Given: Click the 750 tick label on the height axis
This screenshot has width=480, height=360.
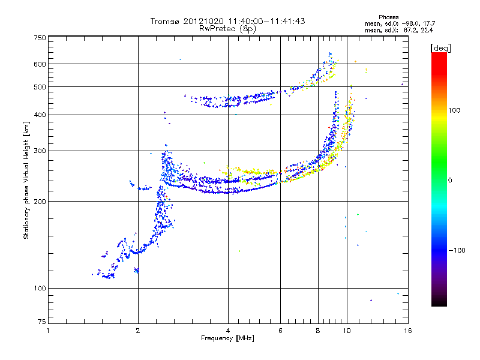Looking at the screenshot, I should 40,37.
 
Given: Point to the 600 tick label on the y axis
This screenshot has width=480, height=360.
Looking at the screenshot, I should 40,64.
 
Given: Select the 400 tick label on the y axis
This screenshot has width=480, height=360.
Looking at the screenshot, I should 40,115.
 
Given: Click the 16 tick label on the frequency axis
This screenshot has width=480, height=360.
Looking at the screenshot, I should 407,331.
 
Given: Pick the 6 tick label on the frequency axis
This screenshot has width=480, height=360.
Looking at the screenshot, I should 280,331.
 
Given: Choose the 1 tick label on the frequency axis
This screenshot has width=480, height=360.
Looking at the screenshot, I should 48,331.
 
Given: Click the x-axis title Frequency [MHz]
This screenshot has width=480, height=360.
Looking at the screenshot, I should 227,338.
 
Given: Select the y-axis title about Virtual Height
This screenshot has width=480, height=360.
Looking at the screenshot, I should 26,181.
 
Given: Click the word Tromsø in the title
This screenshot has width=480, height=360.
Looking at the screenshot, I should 166,21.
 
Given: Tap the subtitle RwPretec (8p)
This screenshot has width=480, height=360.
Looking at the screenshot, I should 227,28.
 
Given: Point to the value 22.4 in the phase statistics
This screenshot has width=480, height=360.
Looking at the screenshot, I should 427,30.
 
